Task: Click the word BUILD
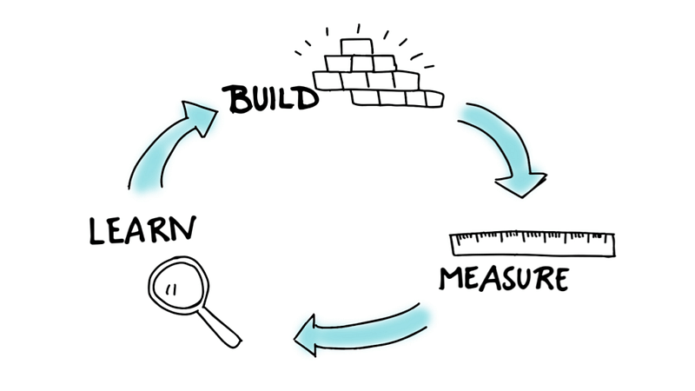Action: point(271,97)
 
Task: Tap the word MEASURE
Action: point(504,279)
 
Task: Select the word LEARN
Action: point(142,229)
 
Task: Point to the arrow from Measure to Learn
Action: point(365,328)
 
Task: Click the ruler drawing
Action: point(532,243)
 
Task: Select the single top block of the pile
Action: point(356,46)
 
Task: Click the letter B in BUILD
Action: point(236,99)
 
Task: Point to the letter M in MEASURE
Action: point(453,279)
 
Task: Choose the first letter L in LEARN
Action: point(96,231)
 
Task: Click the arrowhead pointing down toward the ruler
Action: point(521,183)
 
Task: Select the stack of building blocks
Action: point(375,74)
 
